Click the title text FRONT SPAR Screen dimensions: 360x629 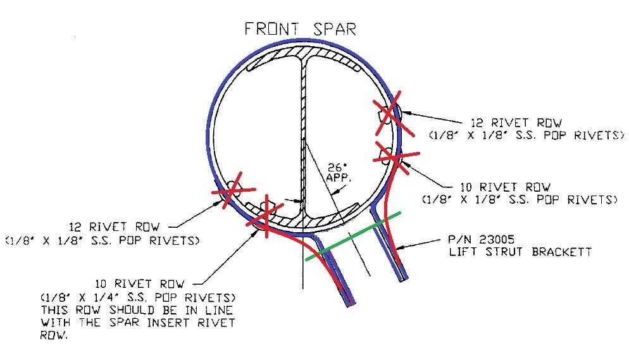coord(300,29)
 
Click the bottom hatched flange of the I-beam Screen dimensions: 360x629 coord(304,219)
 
